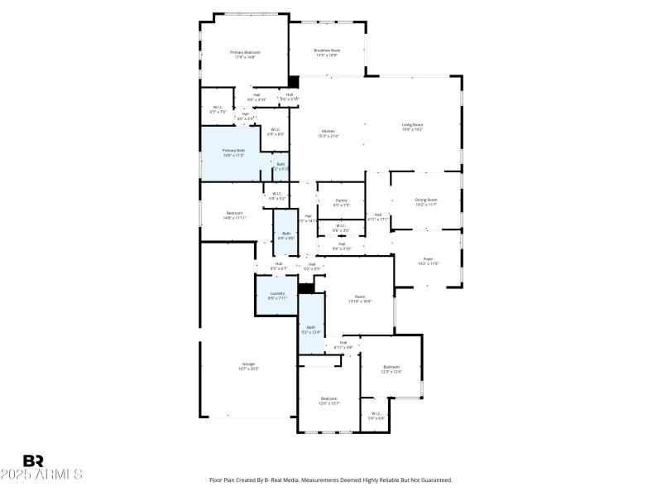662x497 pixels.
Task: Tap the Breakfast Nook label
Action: coord(327,50)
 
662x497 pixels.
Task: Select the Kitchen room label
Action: coord(329,133)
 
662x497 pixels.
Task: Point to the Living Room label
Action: coord(412,125)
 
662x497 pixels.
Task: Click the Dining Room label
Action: coord(426,200)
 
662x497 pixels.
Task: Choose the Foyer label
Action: coord(428,259)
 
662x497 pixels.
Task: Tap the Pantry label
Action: coord(340,200)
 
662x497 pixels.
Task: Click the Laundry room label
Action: coord(277,293)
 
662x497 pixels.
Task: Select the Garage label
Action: coord(248,364)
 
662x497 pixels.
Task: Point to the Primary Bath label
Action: coord(233,151)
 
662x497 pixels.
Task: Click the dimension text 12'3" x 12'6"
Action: coord(391,372)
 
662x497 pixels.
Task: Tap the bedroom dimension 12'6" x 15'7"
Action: coord(329,403)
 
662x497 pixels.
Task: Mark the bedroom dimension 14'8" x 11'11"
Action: coord(234,218)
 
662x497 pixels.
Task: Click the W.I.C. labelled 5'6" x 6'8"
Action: coord(376,418)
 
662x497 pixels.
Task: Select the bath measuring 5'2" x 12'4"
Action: coord(311,332)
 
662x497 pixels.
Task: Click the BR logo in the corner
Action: coord(33,461)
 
